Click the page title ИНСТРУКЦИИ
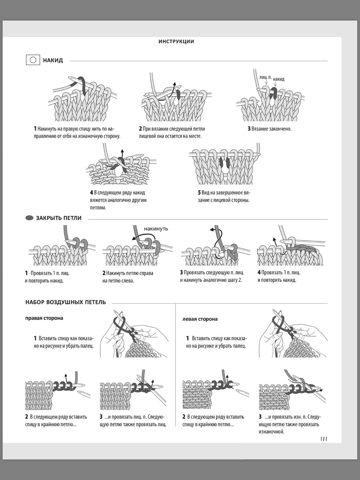(x=176, y=41)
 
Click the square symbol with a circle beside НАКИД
(x=33, y=60)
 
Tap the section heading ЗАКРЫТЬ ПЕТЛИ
(x=59, y=218)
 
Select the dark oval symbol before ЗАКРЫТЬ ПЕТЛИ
(x=29, y=218)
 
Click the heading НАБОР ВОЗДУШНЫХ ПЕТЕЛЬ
(x=66, y=302)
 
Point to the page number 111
(x=323, y=439)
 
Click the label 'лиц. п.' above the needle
(x=265, y=77)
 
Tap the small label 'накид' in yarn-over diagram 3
(x=279, y=79)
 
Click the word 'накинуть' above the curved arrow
(x=156, y=228)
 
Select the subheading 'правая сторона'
(x=44, y=318)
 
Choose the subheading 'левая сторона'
(x=200, y=319)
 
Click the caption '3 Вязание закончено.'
(x=269, y=129)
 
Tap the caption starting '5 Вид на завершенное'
(x=224, y=196)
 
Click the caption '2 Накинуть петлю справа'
(x=128, y=277)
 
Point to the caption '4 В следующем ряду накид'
(x=118, y=200)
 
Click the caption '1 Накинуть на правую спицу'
(x=77, y=132)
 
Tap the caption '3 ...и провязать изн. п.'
(x=289, y=424)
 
